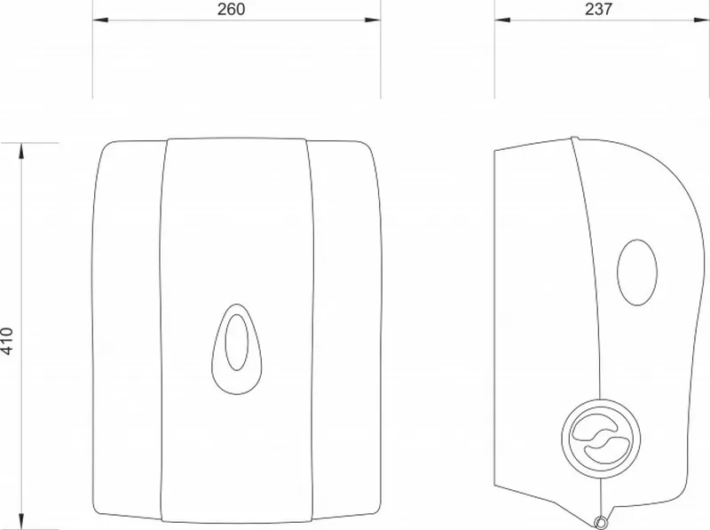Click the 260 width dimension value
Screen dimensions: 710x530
point(231,9)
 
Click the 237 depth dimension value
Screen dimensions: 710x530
point(598,9)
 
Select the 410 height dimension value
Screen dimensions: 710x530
point(8,341)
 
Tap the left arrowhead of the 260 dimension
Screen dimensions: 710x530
point(100,20)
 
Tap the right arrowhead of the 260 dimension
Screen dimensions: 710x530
point(373,20)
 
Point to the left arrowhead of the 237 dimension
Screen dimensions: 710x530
point(502,20)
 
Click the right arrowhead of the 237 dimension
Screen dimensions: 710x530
point(701,20)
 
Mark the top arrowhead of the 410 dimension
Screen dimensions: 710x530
point(21,151)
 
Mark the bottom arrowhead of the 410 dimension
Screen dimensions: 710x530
point(21,521)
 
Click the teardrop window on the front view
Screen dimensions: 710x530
point(236,349)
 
